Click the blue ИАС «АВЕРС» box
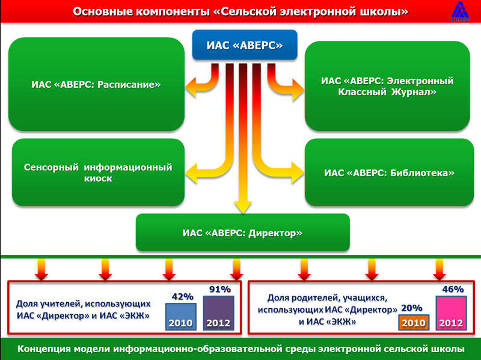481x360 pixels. point(245,44)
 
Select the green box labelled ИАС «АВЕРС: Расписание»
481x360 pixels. point(96,84)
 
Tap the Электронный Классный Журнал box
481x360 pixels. point(387,86)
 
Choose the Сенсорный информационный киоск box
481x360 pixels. point(98,172)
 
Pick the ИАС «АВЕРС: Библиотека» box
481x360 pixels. point(389,172)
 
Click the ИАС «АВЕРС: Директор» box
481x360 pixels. point(243,233)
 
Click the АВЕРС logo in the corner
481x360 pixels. point(460,11)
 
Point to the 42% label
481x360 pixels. point(183,296)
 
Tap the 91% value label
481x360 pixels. point(220,289)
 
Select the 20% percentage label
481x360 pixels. point(412,308)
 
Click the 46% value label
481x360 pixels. point(453,289)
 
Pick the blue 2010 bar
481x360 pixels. point(181,317)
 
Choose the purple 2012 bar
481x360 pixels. point(218,313)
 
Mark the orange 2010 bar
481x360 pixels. point(414,322)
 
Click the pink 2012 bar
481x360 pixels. point(452,313)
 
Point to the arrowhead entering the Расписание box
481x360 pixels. point(191,87)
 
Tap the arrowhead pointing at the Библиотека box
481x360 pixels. point(298,172)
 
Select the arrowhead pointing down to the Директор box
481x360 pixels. point(243,207)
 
